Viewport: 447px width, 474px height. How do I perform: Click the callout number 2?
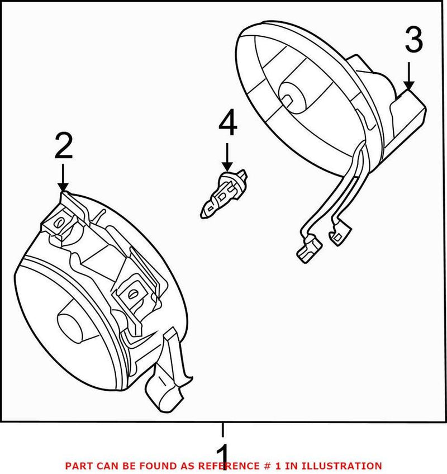(x=63, y=146)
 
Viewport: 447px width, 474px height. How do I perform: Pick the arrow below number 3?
(x=409, y=75)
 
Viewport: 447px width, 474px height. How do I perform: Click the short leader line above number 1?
(x=222, y=430)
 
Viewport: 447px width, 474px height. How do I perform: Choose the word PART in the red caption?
(x=77, y=466)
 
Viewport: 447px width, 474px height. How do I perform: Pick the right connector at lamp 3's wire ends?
(x=341, y=234)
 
